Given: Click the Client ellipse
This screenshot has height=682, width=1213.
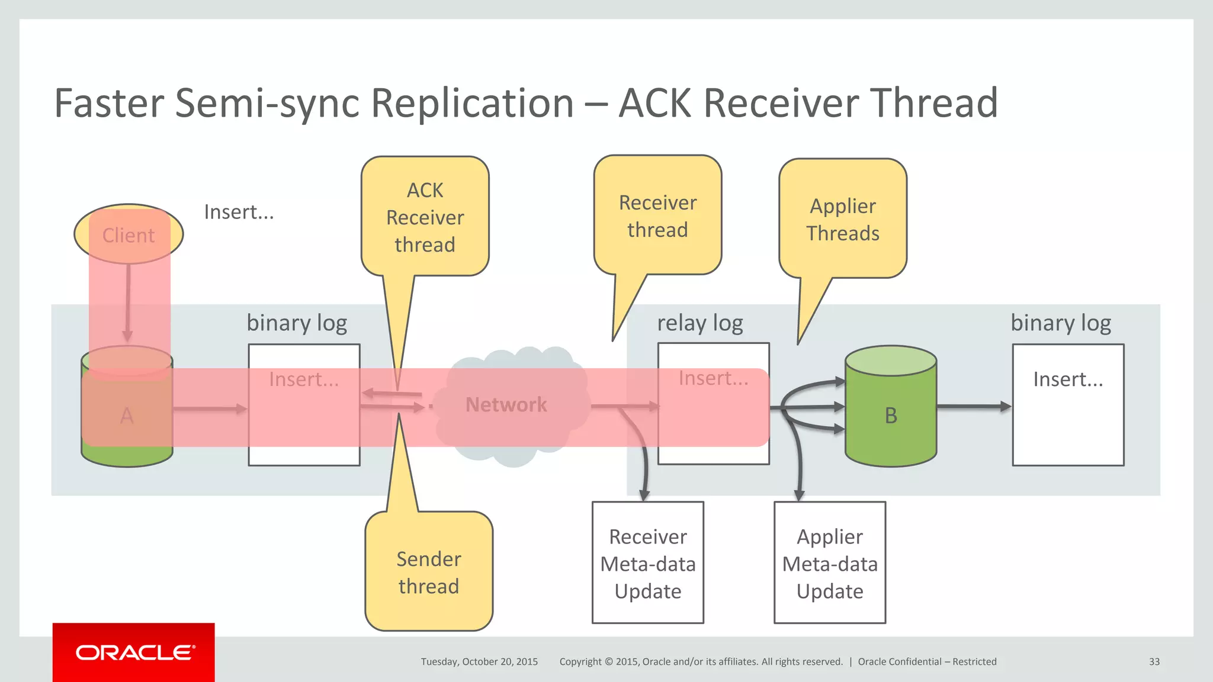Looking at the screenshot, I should [129, 235].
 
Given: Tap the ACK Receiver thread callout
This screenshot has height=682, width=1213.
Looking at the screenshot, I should [425, 217].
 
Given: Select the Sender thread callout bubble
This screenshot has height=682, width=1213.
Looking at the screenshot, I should [429, 572].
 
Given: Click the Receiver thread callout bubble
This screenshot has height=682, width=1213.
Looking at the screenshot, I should [657, 216].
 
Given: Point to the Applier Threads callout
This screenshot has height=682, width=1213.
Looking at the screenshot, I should [842, 219].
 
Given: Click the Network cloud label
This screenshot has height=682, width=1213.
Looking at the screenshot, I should [506, 404].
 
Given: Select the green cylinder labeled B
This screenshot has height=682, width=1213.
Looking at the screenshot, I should [890, 414].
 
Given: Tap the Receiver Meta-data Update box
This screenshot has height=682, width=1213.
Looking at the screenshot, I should [648, 563].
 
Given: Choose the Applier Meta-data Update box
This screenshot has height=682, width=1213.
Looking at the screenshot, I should [829, 563].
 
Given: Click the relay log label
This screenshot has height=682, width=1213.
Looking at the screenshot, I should [699, 323].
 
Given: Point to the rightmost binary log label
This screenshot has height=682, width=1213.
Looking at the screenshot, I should [1060, 323].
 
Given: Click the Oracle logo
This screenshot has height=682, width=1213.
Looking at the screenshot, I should [134, 652].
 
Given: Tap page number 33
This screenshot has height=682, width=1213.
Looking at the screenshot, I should [1154, 662].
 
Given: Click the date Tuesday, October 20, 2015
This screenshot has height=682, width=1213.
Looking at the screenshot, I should [479, 662].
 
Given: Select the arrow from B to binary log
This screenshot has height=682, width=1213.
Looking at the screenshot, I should [973, 407].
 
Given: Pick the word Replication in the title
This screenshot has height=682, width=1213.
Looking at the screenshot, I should [472, 104].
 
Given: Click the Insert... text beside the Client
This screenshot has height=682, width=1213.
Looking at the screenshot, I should [239, 212].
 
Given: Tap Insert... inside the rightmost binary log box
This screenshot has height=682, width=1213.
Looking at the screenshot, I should [1068, 379].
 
